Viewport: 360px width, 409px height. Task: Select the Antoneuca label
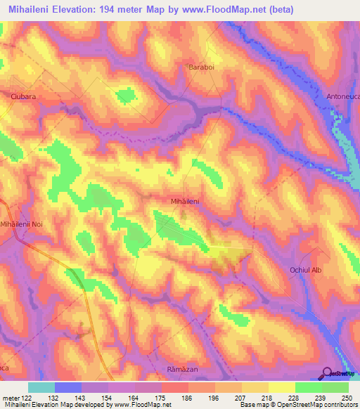coord(342,96)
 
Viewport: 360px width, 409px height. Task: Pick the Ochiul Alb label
coord(305,270)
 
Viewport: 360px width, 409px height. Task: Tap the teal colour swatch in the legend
coord(41,387)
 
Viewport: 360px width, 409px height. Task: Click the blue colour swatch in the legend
coord(67,387)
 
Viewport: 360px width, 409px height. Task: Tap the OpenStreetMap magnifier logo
coord(328,372)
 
